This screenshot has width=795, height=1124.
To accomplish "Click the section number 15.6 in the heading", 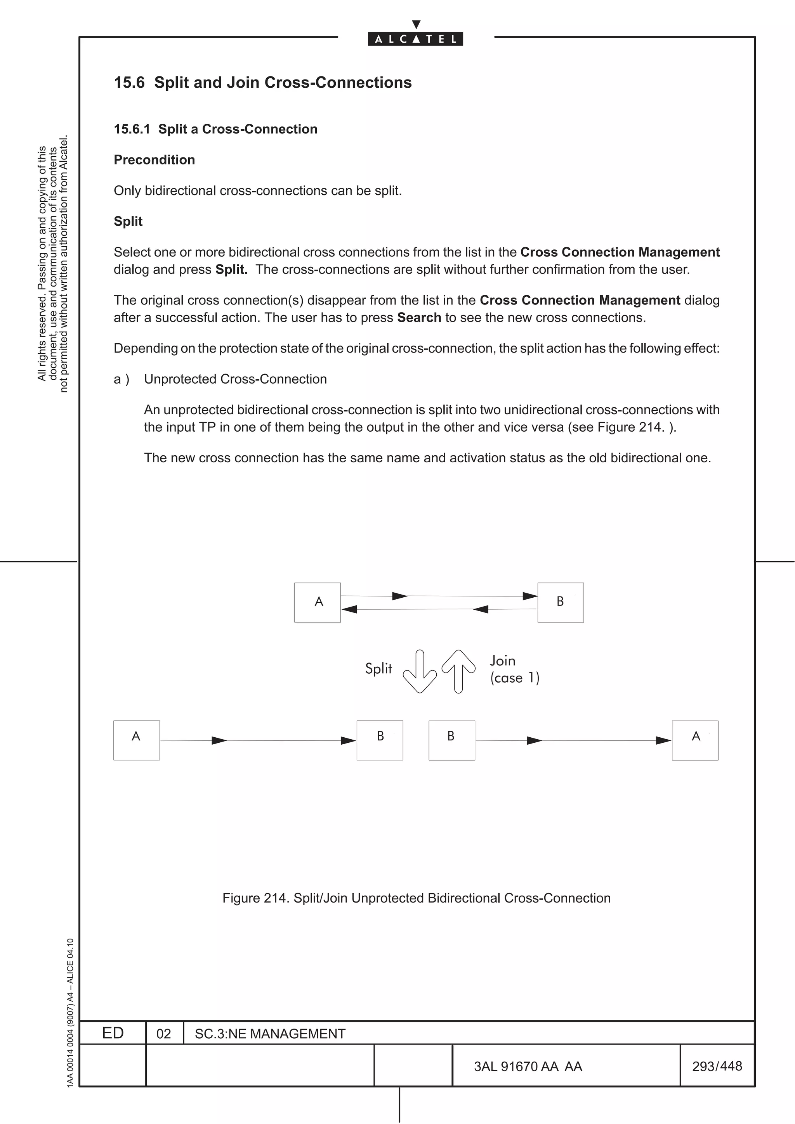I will click(129, 82).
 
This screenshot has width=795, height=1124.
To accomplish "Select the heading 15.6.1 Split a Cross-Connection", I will click(215, 129).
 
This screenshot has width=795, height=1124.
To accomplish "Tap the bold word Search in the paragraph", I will click(419, 317).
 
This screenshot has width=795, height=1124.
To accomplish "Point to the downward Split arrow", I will click(420, 671).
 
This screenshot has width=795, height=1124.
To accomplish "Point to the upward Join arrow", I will click(458, 671).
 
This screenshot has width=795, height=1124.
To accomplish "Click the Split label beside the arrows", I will click(378, 668).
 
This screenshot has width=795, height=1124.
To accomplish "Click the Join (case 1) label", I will click(514, 669).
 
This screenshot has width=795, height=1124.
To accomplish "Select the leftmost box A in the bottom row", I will click(137, 740).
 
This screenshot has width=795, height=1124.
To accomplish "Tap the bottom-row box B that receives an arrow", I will click(380, 740).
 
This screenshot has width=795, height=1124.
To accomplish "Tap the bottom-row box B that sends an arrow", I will click(451, 740).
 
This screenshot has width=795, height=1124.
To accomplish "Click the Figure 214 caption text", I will click(417, 898).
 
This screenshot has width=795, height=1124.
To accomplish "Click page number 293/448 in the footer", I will click(717, 1066).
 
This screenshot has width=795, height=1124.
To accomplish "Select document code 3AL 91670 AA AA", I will click(528, 1066).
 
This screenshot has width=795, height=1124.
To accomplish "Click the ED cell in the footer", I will click(113, 1033).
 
